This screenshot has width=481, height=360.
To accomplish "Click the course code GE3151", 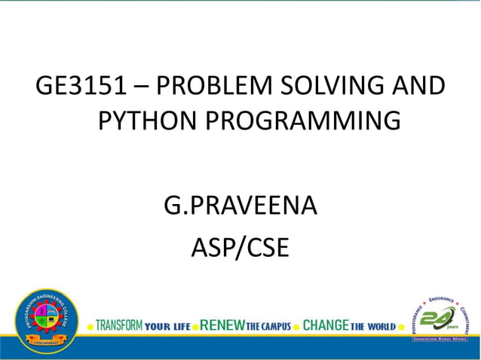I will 80,87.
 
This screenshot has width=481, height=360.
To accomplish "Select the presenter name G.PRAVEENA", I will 240,205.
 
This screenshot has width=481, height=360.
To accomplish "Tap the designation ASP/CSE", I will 240,248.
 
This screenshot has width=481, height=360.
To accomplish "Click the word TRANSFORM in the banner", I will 119,326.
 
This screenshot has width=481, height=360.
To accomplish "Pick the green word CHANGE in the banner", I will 325,326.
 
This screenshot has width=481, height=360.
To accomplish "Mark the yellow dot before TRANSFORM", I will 90,327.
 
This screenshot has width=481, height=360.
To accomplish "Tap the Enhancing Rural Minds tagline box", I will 440,340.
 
